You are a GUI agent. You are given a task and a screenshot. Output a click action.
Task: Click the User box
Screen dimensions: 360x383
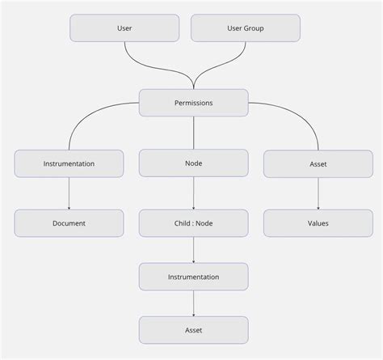[124, 28]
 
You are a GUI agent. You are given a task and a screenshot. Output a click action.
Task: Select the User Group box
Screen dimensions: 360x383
[245, 28]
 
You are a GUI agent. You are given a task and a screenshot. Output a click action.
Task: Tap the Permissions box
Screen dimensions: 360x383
[193, 103]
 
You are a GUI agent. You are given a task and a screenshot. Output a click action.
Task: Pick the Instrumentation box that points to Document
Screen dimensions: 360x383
[69, 163]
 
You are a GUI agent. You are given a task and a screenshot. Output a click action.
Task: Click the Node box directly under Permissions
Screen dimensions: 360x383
[193, 163]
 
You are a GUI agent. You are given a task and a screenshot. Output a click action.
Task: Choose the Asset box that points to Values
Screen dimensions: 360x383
[318, 163]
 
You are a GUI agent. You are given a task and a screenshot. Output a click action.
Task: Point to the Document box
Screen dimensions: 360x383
[69, 222]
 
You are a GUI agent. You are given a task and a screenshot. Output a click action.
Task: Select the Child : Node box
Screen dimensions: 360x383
[193, 222]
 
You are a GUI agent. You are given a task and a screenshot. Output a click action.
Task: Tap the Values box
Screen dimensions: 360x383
[318, 222]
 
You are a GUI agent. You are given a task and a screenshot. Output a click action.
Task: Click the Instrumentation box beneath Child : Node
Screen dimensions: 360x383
[193, 277]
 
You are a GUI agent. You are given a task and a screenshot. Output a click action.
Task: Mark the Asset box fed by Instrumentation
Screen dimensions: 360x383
[193, 330]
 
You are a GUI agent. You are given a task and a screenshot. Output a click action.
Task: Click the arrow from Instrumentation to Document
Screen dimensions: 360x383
[69, 193]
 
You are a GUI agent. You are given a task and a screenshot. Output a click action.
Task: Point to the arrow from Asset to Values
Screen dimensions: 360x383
[318, 193]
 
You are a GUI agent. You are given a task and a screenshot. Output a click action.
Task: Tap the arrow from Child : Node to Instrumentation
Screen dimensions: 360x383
[193, 250]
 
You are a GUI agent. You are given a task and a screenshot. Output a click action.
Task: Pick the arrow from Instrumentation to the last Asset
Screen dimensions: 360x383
[193, 303]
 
